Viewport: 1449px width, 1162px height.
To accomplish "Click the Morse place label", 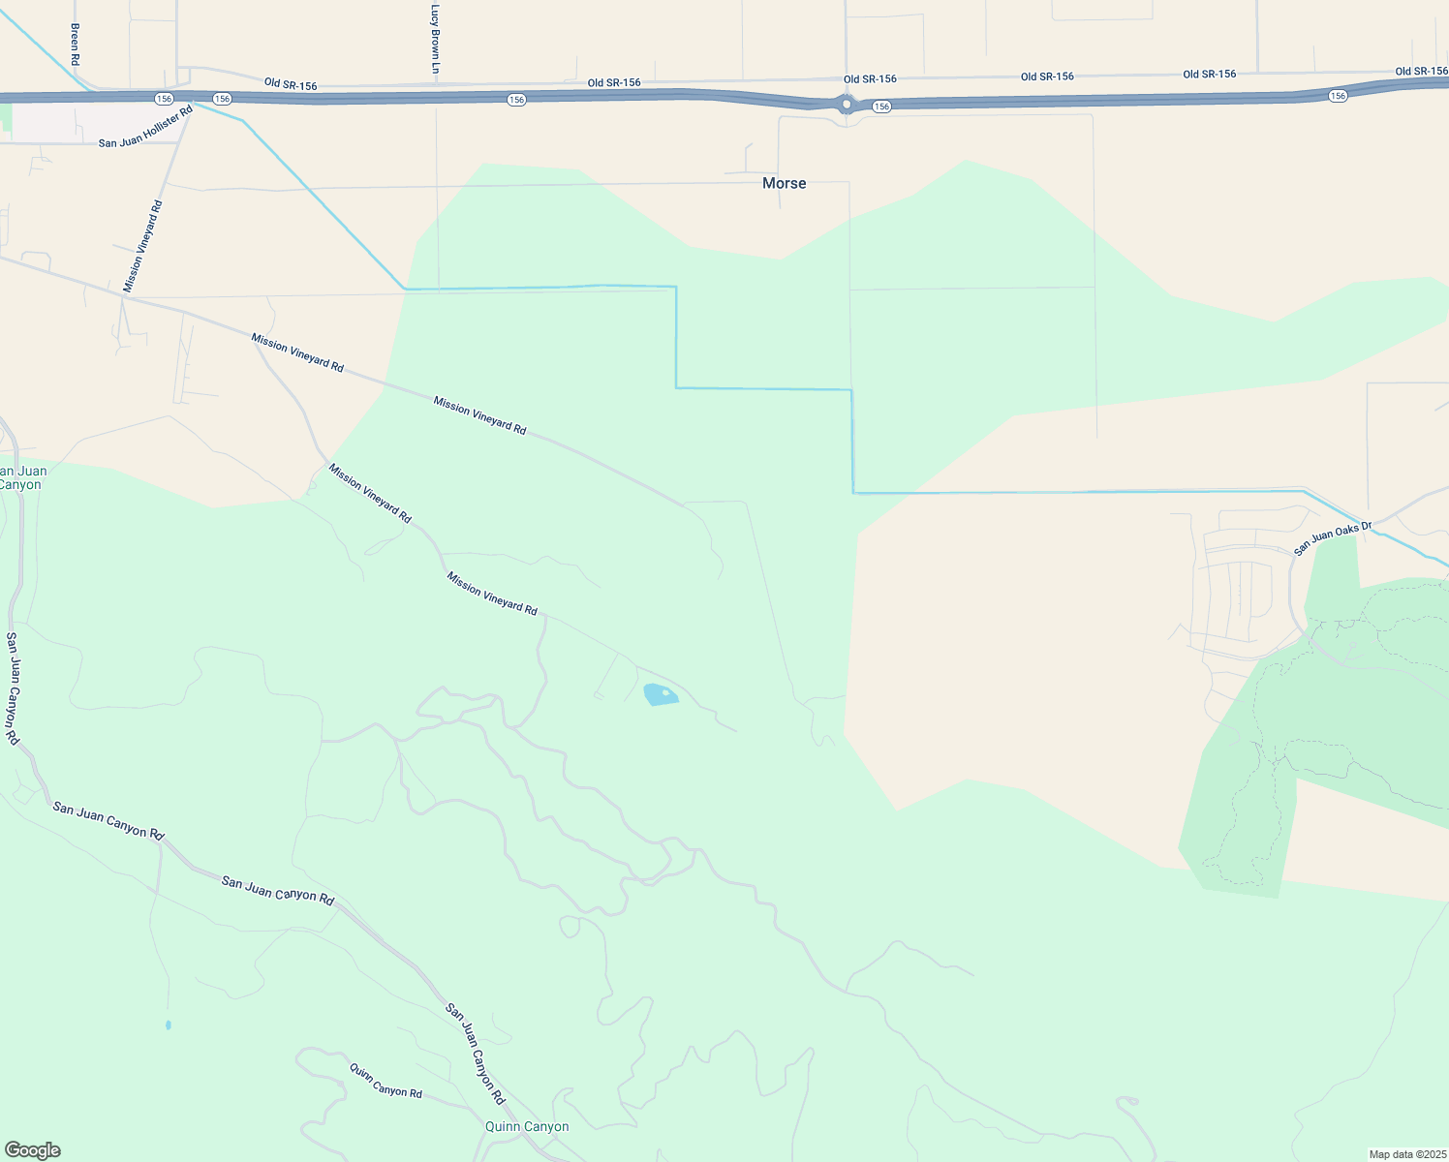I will click(x=784, y=183).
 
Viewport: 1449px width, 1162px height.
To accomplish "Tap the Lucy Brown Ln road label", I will click(x=436, y=40).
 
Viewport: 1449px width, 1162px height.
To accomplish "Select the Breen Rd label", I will click(x=75, y=38).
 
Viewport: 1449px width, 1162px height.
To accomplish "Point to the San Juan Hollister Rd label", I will click(x=146, y=127).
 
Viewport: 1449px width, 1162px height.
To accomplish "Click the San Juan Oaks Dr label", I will click(x=1334, y=538).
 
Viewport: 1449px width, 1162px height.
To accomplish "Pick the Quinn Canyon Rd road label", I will click(x=385, y=1080).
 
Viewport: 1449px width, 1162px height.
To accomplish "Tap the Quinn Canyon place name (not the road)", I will click(x=527, y=1126).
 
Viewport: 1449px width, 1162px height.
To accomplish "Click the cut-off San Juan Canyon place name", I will click(x=21, y=477).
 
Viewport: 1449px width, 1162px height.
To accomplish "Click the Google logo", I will click(x=32, y=1150).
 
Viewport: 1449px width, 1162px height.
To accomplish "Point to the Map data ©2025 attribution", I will click(x=1407, y=1154).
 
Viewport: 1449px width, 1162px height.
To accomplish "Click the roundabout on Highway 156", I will click(x=847, y=104).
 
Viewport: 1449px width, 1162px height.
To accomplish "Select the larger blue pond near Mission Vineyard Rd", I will click(x=661, y=694).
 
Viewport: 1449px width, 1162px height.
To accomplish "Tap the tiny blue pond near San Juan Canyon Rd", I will click(x=169, y=1024).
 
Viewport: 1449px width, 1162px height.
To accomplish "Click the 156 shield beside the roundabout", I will click(x=880, y=107).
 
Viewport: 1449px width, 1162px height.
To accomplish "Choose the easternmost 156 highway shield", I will click(x=1338, y=95).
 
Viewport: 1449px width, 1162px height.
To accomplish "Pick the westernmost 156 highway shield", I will click(x=164, y=99).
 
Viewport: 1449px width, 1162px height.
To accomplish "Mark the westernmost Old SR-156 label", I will click(x=290, y=85).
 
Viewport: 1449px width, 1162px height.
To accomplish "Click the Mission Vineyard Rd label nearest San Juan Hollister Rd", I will click(x=142, y=247).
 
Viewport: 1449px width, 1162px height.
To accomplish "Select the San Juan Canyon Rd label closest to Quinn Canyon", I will click(x=476, y=1054).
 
